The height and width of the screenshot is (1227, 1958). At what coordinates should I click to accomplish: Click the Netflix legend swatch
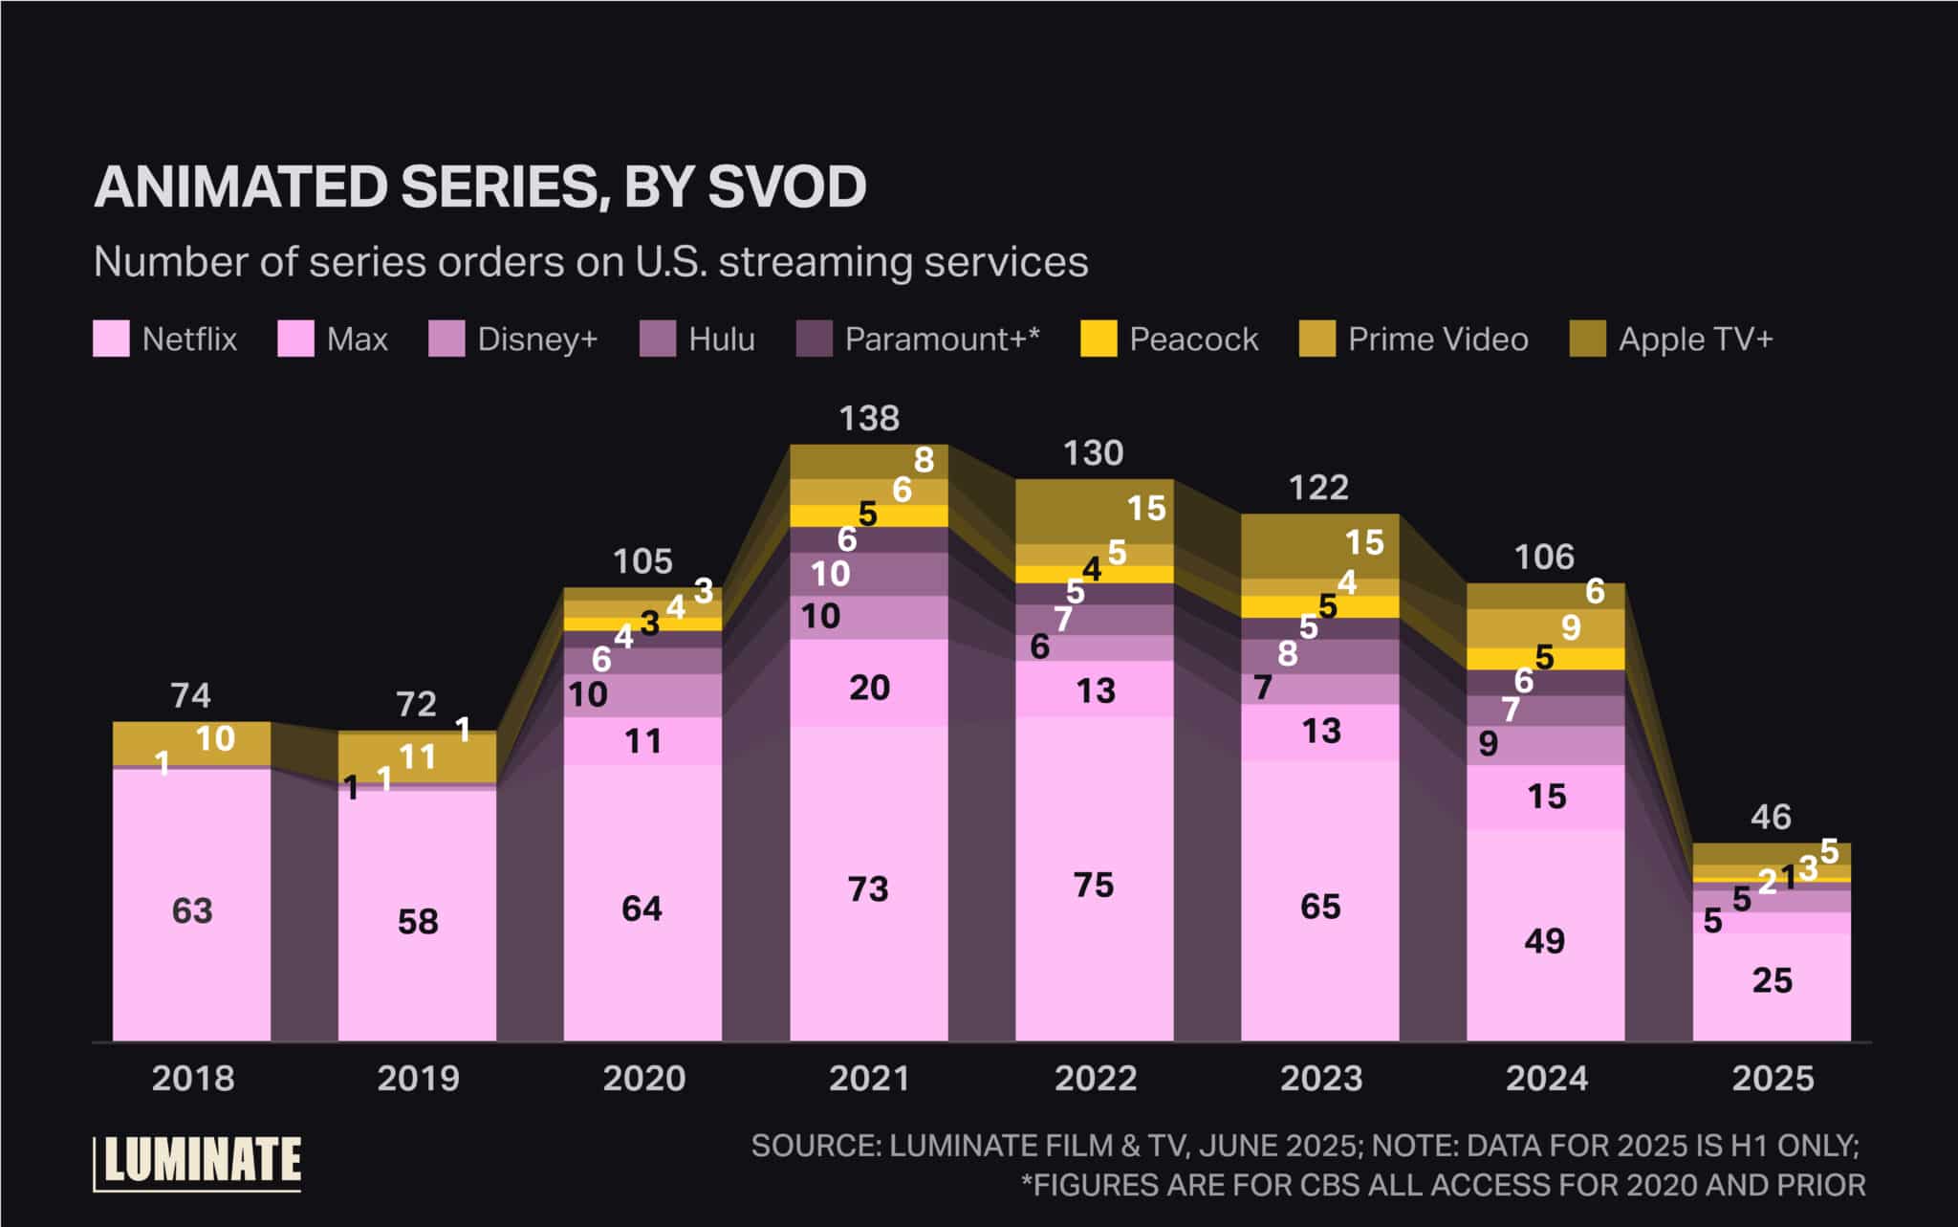(x=111, y=339)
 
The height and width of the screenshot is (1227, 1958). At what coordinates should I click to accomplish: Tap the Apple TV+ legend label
(x=1695, y=339)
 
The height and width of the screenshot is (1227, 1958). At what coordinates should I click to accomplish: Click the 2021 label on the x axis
(x=869, y=1079)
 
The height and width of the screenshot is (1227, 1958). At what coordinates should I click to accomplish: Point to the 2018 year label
(x=192, y=1079)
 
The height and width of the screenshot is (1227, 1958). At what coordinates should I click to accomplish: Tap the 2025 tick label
(x=1773, y=1079)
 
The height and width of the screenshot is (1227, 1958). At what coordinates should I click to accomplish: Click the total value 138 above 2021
(x=869, y=418)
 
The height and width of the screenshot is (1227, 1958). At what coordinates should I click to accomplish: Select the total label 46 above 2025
(x=1771, y=817)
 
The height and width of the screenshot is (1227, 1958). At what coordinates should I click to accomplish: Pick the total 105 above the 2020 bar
(x=642, y=561)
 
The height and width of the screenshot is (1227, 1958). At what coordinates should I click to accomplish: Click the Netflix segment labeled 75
(x=1094, y=885)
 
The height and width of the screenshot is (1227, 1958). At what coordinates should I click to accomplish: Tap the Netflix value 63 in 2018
(x=192, y=910)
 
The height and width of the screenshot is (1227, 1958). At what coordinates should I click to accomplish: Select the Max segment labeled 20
(x=869, y=688)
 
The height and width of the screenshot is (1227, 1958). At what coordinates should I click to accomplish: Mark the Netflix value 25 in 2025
(x=1772, y=980)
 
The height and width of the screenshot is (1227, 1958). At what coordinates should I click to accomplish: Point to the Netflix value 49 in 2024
(x=1545, y=941)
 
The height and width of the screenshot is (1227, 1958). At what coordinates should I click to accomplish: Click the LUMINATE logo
(x=198, y=1162)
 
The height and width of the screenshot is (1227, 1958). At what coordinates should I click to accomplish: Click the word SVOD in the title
(x=786, y=186)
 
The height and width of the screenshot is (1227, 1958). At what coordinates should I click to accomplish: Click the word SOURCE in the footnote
(x=813, y=1146)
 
